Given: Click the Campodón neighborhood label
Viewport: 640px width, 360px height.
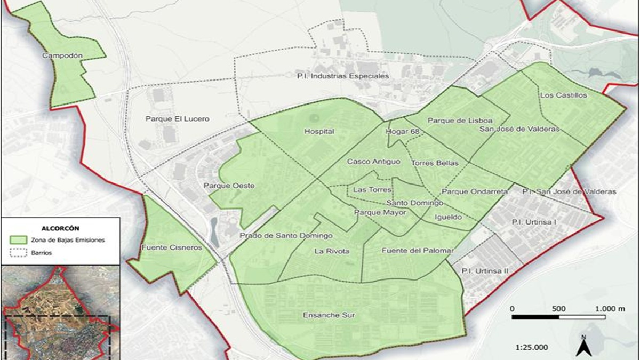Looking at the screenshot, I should pos(62,55).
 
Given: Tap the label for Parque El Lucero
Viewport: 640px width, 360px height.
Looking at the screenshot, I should pos(178,119).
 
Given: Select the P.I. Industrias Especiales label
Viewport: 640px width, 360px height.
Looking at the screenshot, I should pos(343,76).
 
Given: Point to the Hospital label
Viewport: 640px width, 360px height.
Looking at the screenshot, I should pos(319,131).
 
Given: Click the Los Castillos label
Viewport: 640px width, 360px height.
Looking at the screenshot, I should pos(563,95).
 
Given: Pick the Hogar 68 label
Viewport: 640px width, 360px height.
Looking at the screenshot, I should pos(403,131).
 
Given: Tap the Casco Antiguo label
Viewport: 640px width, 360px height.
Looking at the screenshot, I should pos(373,161).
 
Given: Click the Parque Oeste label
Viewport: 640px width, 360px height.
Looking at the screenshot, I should pos(229,186).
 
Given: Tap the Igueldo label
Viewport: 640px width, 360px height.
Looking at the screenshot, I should pos(448,217).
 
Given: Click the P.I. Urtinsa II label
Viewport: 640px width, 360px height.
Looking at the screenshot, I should pos(485,271).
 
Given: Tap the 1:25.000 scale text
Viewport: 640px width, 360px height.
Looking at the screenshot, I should pos(532,347).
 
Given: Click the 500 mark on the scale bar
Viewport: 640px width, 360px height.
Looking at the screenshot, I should pos(559,309).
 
